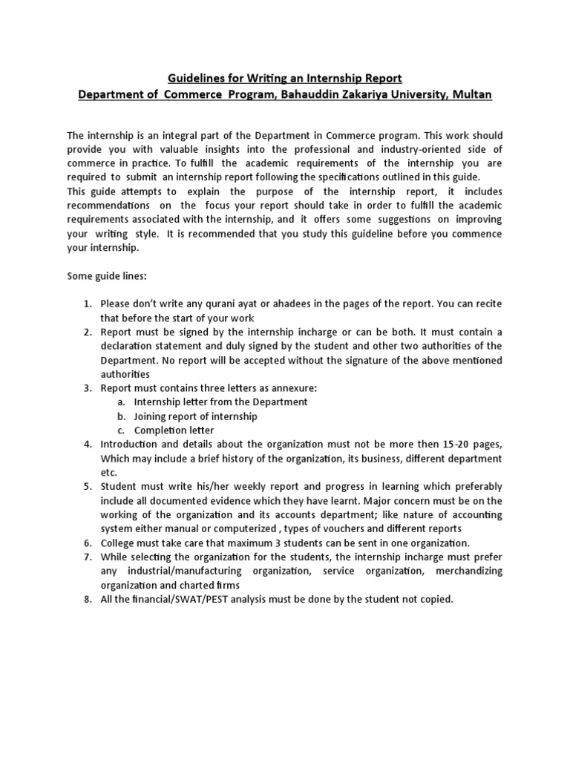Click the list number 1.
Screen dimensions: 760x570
coord(86,304)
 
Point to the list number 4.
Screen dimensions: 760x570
coord(86,445)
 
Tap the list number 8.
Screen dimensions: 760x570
coord(86,599)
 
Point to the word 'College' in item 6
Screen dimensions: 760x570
coord(118,543)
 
